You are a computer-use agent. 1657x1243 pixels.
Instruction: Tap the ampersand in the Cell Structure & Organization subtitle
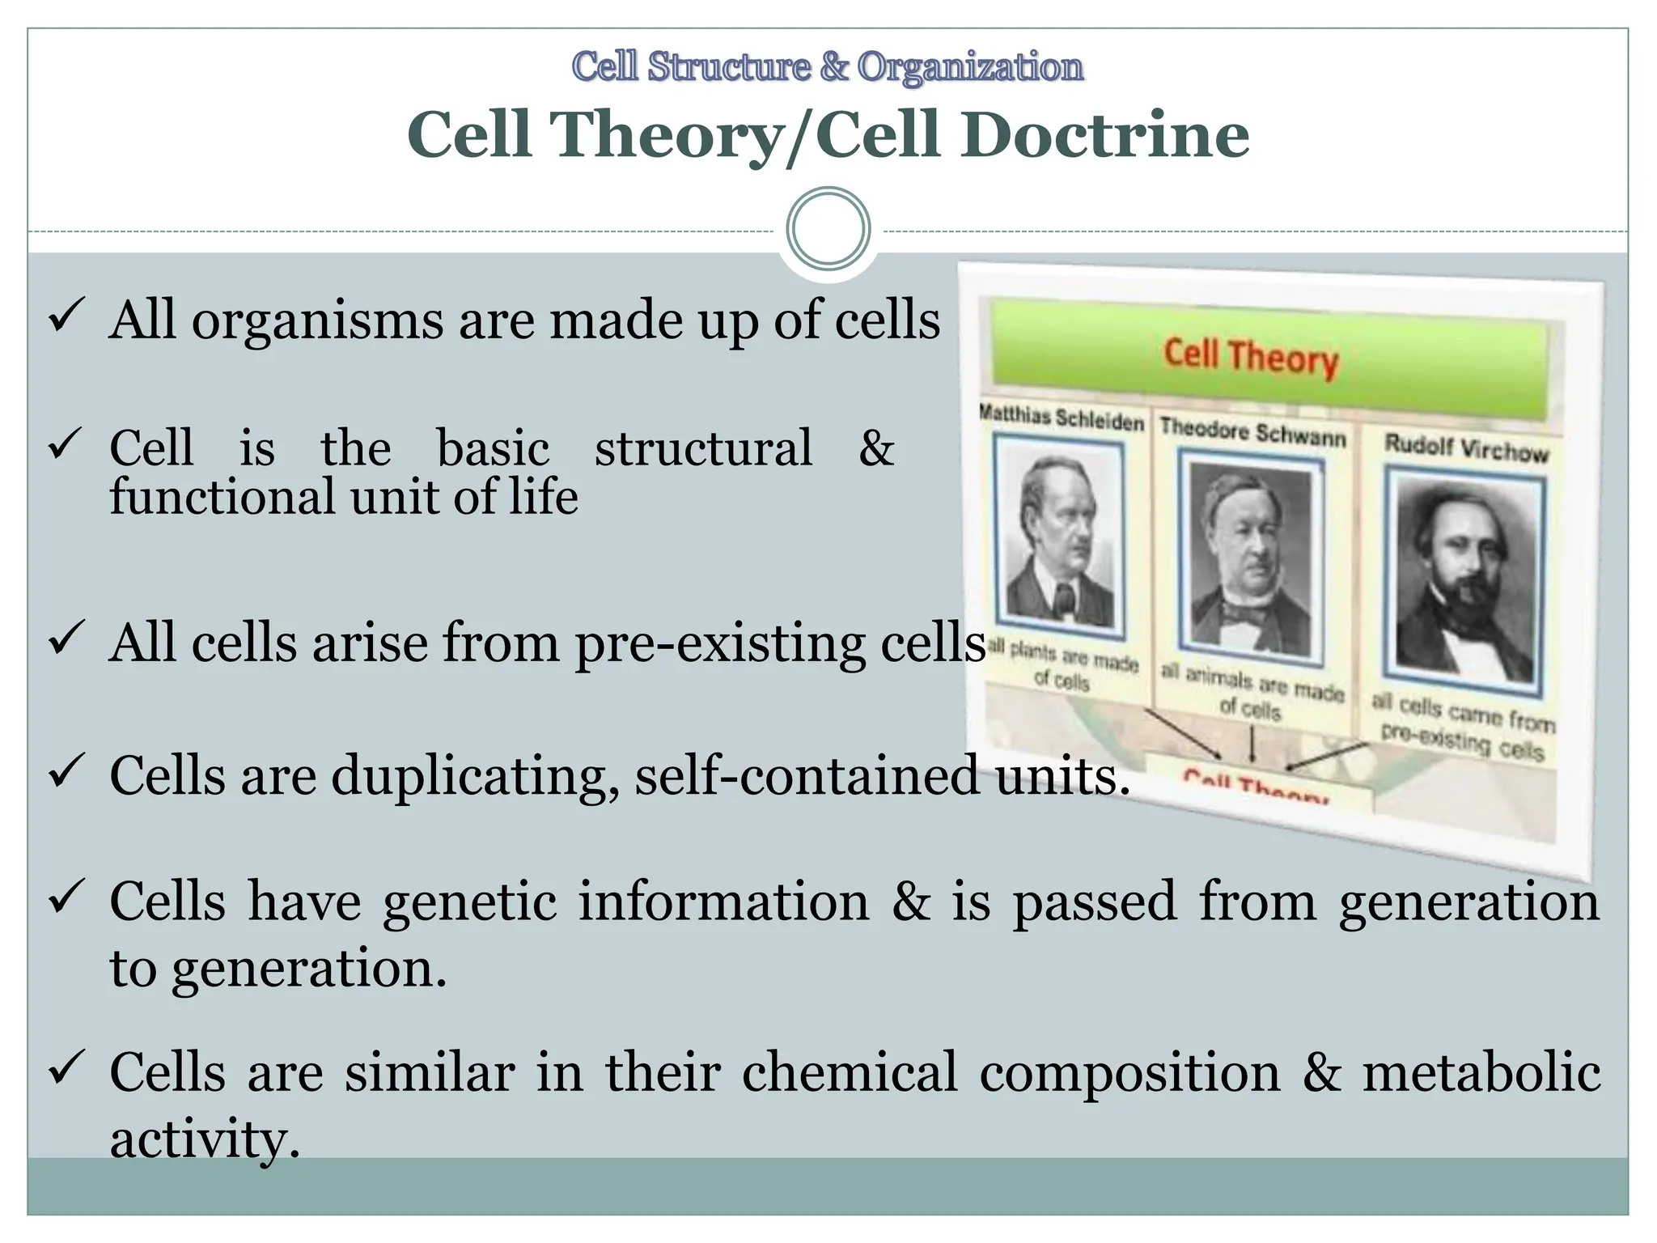(x=834, y=67)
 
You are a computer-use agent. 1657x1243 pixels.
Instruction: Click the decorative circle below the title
(x=828, y=229)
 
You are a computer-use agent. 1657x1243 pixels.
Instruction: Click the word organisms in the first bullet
(x=317, y=321)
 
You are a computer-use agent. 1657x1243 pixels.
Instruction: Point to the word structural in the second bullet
(x=703, y=448)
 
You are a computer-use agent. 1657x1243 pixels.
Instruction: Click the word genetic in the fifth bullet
(x=470, y=901)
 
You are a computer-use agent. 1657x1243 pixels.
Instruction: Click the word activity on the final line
(x=204, y=1139)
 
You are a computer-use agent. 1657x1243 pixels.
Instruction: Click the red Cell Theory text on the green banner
(x=1251, y=358)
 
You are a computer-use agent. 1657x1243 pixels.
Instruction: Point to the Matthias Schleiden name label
(x=1061, y=417)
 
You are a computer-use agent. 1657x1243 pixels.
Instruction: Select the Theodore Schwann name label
(x=1252, y=433)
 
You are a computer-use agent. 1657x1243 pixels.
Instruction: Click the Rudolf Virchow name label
(x=1466, y=448)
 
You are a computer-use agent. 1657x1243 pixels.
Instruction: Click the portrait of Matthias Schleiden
(x=1059, y=538)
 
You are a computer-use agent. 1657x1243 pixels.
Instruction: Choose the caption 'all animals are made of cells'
(x=1252, y=694)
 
